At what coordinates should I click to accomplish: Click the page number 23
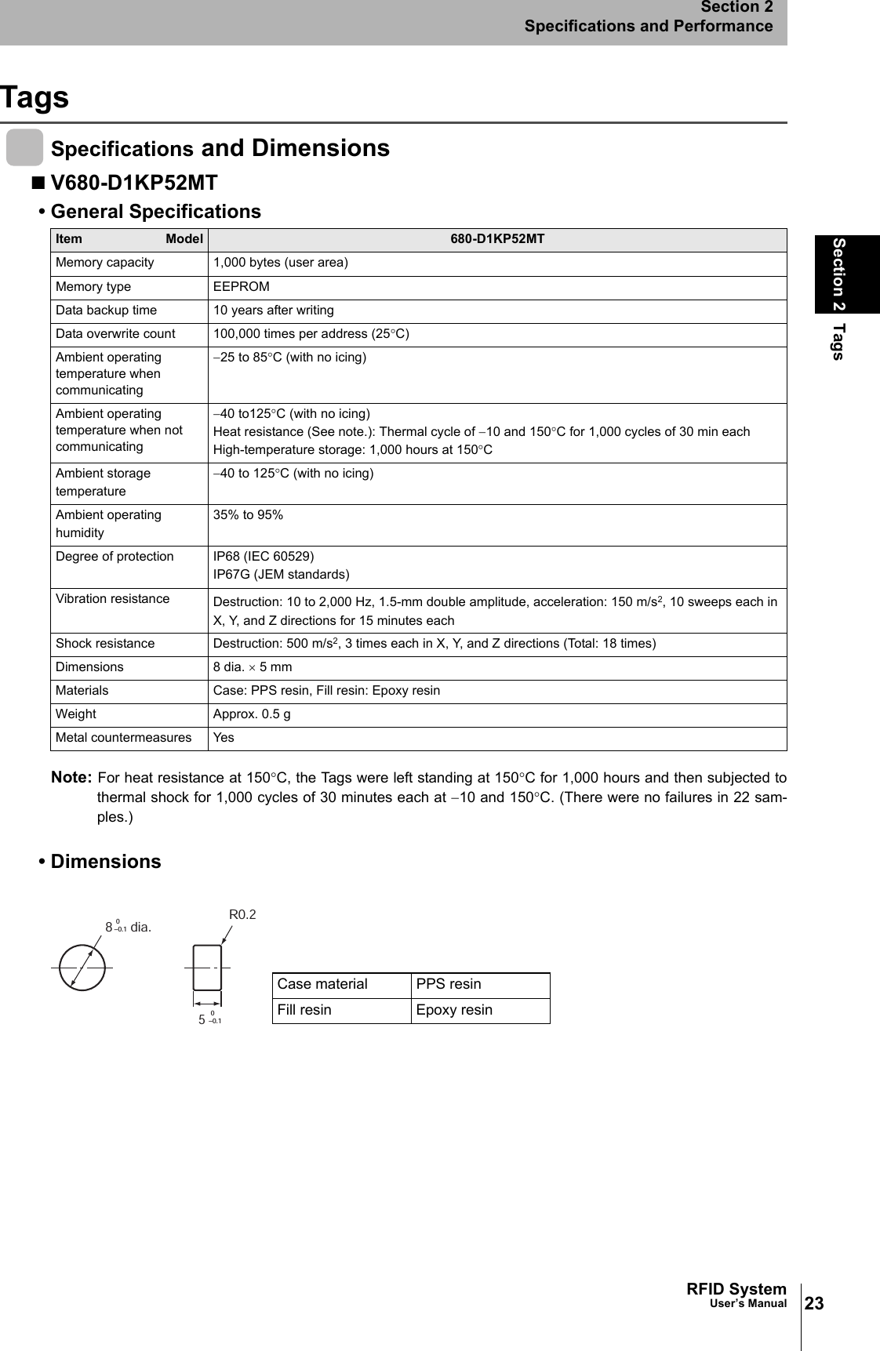(814, 1303)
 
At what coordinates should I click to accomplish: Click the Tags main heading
(35, 97)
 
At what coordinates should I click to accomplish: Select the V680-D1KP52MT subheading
(133, 183)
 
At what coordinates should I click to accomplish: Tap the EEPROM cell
(242, 287)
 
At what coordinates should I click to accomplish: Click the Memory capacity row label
(105, 263)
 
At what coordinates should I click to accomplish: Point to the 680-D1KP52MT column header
(497, 239)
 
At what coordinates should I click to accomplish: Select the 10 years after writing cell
(274, 311)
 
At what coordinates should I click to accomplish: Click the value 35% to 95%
(249, 515)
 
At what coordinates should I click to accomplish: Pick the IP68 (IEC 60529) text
(264, 557)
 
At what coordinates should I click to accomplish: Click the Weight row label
(76, 714)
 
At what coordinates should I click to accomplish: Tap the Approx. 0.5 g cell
(252, 714)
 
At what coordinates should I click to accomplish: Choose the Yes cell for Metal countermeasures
(224, 738)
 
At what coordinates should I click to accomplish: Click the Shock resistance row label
(105, 644)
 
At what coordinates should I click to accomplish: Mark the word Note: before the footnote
(71, 778)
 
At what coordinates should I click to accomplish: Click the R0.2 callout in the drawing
(242, 914)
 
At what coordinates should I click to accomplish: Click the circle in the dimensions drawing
(82, 968)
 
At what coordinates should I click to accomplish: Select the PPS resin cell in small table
(449, 985)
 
